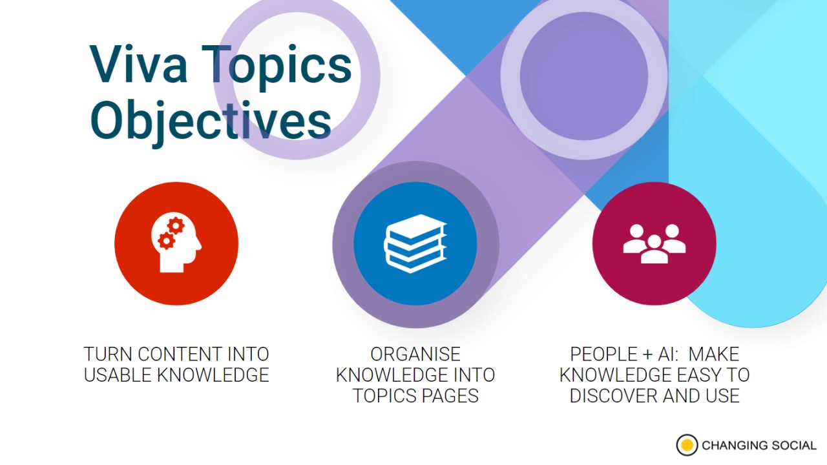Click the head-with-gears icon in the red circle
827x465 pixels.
point(176,243)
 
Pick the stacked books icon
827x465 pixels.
point(415,243)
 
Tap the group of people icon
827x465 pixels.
point(654,243)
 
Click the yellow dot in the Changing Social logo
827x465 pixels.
point(687,445)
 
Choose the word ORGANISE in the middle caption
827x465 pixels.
point(415,355)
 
